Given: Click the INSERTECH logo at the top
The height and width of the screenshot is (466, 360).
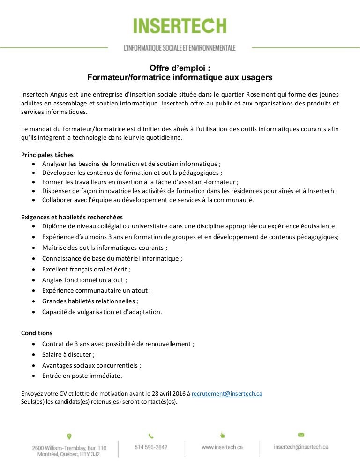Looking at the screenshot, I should pos(180,25).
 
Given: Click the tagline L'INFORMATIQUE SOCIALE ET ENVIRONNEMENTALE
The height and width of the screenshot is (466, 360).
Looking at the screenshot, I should pos(180,48).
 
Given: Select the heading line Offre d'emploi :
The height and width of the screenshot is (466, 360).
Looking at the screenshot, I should pos(180,68).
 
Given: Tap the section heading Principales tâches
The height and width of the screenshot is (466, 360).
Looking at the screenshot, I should pos(47,155).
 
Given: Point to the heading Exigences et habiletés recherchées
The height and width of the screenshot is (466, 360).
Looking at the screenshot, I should pos(72,217).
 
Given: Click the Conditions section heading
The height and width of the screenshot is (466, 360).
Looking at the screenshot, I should pos(37,333).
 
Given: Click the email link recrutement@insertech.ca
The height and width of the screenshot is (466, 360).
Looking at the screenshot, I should pos(227,394).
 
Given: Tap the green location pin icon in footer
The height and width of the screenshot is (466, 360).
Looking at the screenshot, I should pos(69,436).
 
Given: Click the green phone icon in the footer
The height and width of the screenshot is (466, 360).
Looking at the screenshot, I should pos(151,436).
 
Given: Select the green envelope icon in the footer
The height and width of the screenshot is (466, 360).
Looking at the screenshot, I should pos(301,435).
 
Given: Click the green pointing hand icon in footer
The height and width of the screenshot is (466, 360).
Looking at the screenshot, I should pos(222,435).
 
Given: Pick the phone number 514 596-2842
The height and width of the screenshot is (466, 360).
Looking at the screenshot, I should pos(151,447).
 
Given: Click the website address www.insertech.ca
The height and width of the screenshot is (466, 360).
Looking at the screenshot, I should pos(222,447).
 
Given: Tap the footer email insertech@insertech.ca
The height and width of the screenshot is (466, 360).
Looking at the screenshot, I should pos(301,447).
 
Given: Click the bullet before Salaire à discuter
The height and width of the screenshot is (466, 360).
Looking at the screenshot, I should pos(36,354).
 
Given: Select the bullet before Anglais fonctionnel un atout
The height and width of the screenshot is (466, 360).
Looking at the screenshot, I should pos(36,280).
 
